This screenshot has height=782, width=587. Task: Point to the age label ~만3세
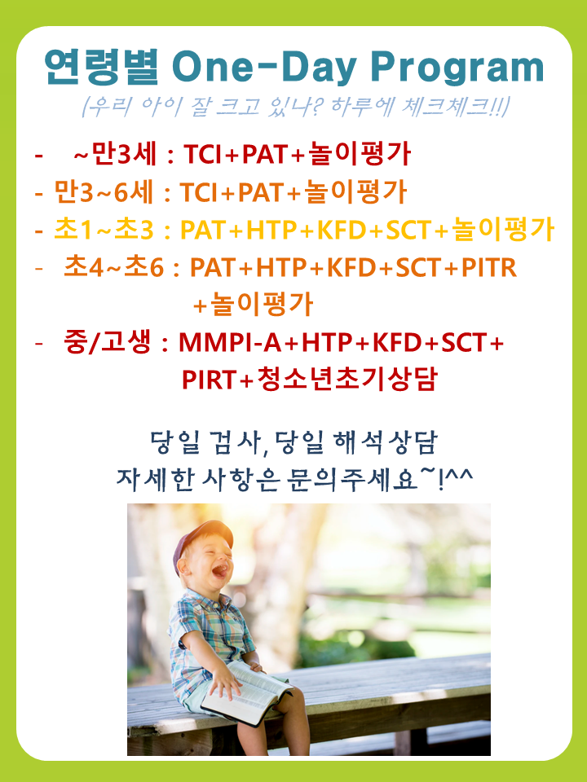point(115,154)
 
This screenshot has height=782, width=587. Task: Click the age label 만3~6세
point(104,192)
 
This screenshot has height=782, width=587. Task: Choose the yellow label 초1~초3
point(104,230)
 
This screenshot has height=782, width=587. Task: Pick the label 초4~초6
point(114,267)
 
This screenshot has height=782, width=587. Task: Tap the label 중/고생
point(108,342)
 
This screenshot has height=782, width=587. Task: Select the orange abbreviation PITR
point(488,268)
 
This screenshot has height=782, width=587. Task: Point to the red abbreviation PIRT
point(210,380)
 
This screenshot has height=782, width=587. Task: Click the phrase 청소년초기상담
point(346,379)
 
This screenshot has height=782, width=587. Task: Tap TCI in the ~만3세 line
point(203,154)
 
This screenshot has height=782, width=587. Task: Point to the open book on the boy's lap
point(246,692)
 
